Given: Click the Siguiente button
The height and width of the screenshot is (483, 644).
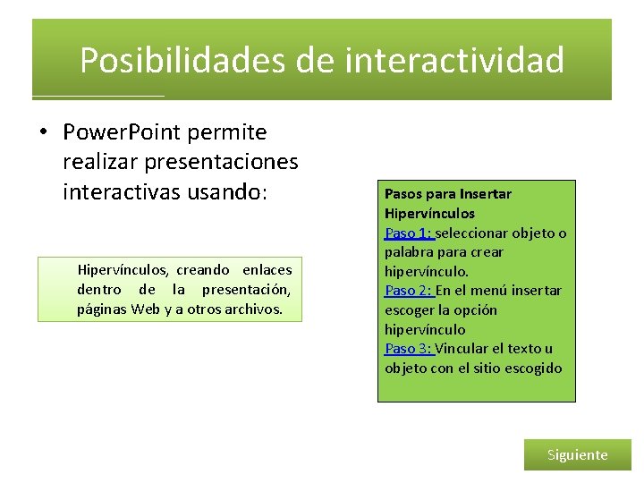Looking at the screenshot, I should tap(577, 454).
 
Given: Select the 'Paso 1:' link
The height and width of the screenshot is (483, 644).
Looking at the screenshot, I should tap(408, 233).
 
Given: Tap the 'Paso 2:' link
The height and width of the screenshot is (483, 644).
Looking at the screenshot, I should tap(408, 291).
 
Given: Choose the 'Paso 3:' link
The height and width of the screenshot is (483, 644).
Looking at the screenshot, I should tap(408, 349).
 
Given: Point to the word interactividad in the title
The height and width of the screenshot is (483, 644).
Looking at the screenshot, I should tap(453, 61).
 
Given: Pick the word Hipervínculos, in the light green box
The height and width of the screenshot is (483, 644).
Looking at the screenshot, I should tap(123, 269).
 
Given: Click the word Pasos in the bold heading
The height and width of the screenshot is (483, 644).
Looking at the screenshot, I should tap(402, 193).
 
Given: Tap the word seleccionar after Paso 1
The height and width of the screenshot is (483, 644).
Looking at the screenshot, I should tap(482, 233).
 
